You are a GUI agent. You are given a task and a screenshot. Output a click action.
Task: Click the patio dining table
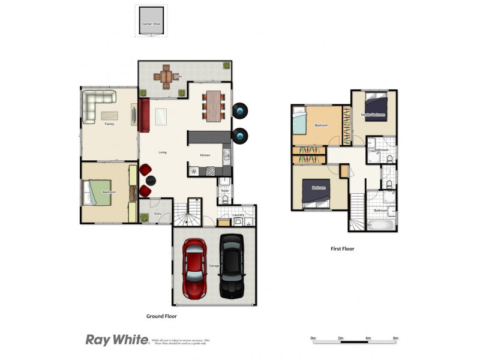point(165,77)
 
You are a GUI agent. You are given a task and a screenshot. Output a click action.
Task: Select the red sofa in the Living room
point(144,115)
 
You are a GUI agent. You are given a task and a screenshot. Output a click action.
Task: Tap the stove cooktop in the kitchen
point(211,171)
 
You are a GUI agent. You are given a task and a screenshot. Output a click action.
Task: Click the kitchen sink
point(226,157)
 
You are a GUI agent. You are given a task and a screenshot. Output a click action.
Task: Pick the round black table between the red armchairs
point(150,180)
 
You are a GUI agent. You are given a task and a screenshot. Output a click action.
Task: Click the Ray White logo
point(117,340)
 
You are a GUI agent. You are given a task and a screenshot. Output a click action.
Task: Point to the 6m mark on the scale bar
point(395,338)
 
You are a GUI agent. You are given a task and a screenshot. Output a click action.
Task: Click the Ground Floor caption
point(161,316)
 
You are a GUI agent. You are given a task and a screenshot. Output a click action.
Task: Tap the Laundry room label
point(239,214)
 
